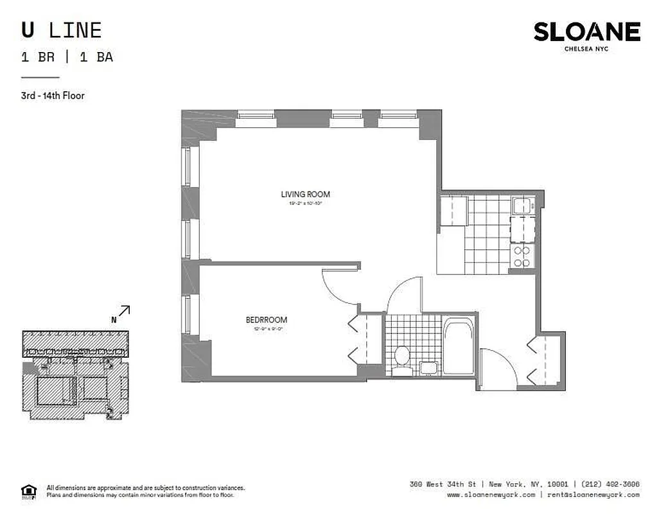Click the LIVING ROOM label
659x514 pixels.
[305, 194]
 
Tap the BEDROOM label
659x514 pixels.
[266, 319]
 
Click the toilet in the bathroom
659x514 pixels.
[403, 357]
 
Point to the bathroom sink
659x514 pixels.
[428, 368]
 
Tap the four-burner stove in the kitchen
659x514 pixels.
[522, 256]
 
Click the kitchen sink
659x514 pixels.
[521, 206]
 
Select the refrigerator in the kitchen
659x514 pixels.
[452, 211]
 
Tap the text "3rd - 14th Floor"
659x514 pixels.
[53, 96]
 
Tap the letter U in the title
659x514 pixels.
[28, 30]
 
